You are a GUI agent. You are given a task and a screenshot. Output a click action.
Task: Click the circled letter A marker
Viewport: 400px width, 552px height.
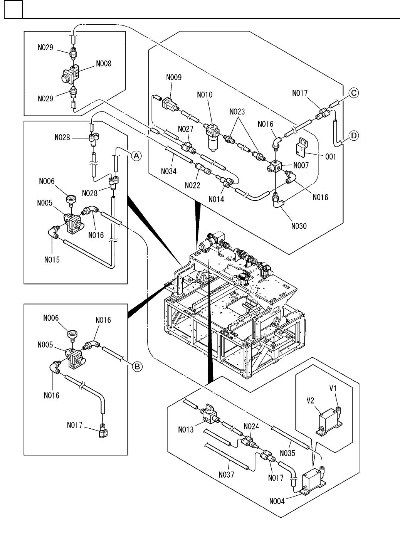tap(136, 155)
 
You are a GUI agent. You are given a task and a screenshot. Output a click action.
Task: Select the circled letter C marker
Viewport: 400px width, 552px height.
tap(353, 93)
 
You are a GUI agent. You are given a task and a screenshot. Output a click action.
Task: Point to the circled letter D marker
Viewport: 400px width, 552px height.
tap(353, 135)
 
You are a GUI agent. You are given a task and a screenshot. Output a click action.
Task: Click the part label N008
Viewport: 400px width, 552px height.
tap(104, 64)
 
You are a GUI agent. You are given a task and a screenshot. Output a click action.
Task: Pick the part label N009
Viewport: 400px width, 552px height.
tap(174, 77)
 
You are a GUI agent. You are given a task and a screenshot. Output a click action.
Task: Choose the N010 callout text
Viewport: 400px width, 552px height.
tap(204, 95)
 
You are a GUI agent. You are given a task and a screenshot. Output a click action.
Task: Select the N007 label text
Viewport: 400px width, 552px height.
tap(302, 165)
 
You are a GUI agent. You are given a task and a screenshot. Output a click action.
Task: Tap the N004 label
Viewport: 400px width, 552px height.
tap(277, 501)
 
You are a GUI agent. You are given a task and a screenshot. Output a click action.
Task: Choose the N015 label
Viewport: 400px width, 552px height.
tap(52, 259)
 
